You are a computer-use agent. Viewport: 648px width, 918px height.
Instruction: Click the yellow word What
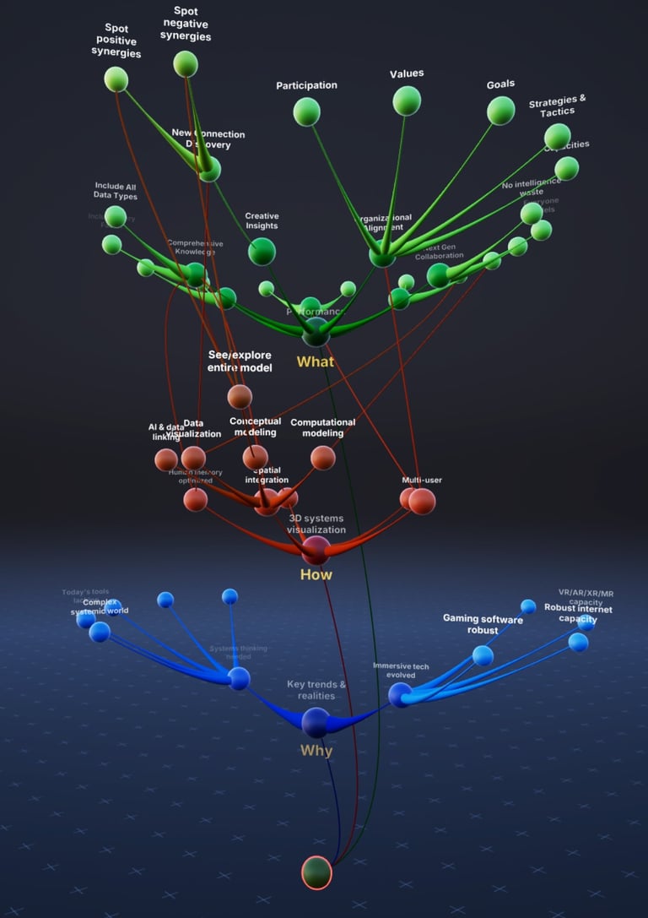(316, 362)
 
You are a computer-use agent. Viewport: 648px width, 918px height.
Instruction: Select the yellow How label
(316, 575)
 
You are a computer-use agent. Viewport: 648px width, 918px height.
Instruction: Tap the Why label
(316, 751)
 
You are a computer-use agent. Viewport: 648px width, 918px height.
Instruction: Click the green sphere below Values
(407, 100)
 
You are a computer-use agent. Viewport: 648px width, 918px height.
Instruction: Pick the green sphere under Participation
(307, 111)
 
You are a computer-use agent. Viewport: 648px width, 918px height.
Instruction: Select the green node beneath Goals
(500, 111)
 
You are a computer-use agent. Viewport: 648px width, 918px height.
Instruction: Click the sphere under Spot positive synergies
(116, 79)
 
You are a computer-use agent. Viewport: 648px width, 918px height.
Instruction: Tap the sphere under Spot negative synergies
(186, 63)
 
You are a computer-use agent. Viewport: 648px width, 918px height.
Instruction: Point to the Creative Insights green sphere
(262, 251)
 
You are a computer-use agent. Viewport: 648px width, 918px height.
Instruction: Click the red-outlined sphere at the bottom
(317, 871)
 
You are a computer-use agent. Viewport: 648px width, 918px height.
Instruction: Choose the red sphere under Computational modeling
(323, 458)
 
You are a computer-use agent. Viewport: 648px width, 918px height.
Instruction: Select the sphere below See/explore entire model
(240, 396)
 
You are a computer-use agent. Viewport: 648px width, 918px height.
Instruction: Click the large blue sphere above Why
(316, 722)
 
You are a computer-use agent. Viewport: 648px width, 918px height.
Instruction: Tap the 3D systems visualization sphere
(316, 551)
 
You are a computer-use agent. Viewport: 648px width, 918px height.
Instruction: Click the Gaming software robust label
(483, 624)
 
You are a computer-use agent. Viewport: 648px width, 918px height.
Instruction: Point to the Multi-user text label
(422, 481)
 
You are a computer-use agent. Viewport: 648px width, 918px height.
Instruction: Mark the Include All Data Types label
(116, 190)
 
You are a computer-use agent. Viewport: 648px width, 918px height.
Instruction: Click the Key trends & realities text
(316, 690)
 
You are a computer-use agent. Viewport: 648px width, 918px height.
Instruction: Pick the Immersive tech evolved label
(401, 671)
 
